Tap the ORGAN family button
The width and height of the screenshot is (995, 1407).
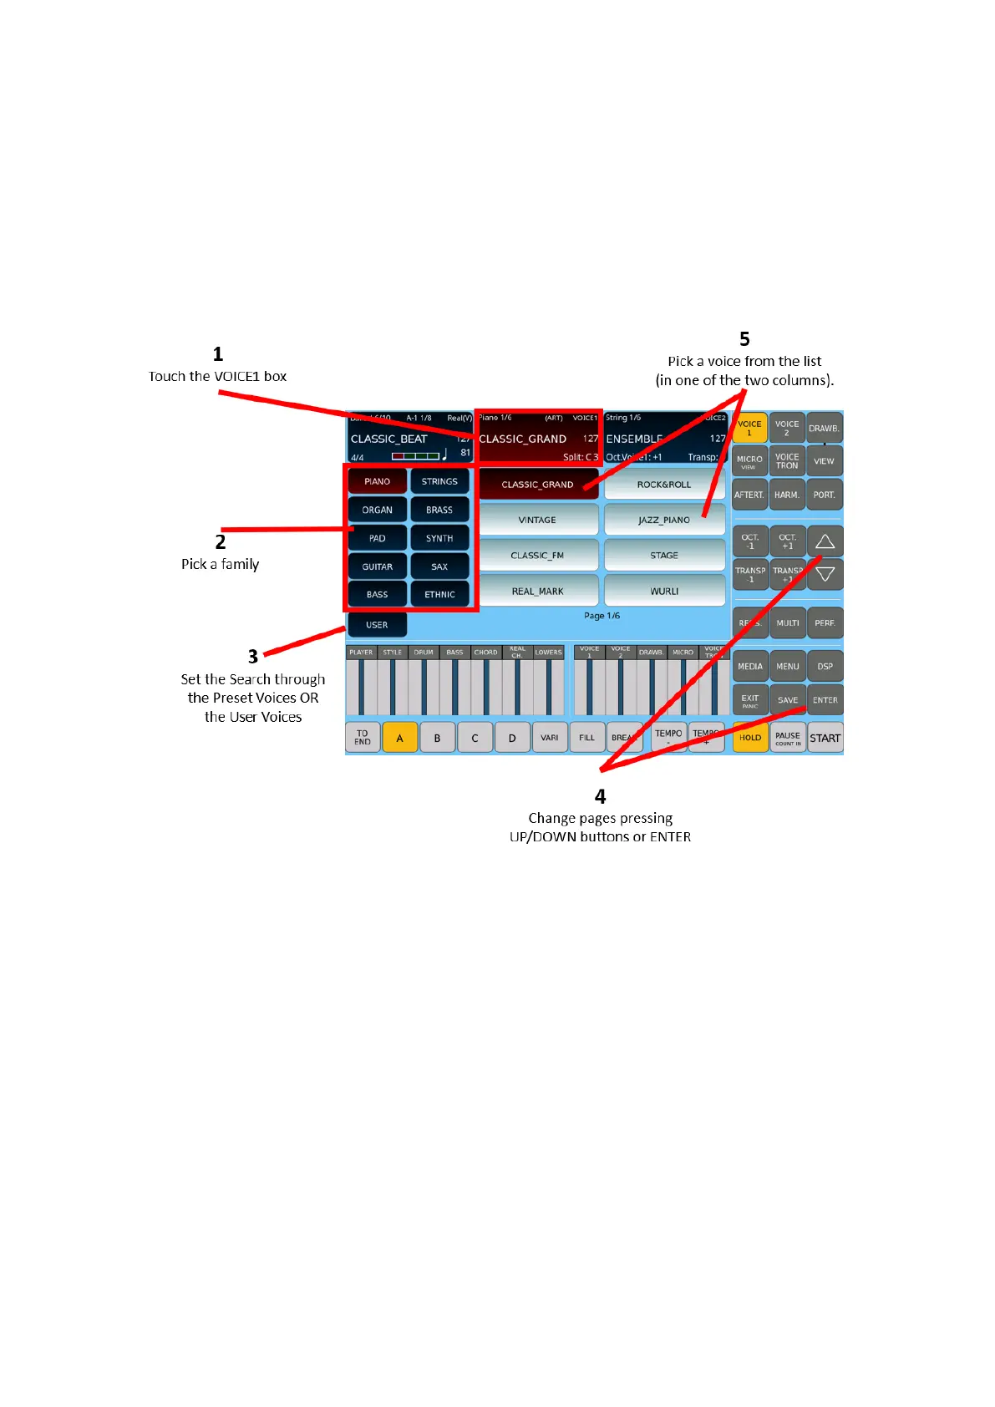377,510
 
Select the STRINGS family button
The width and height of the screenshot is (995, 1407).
439,481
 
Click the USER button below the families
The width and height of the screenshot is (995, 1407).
377,625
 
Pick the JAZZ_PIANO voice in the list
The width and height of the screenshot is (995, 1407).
664,520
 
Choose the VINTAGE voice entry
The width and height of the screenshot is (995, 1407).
537,520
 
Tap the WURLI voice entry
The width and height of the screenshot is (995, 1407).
664,591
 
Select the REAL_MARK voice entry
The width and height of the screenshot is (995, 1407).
537,591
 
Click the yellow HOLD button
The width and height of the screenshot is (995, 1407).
750,738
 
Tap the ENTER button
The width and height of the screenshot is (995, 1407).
825,700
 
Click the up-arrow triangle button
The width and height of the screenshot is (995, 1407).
825,541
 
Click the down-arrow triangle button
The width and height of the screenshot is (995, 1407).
825,575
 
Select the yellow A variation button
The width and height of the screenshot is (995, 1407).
399,738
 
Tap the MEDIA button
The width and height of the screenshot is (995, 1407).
750,667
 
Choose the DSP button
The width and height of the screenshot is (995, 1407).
825,667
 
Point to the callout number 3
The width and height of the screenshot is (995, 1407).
252,657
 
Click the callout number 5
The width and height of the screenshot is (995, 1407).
744,339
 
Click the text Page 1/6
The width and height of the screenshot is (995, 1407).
602,616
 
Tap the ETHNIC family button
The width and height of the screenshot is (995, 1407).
439,595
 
